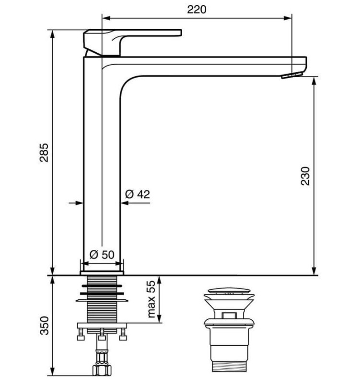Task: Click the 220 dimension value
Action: [x=197, y=10]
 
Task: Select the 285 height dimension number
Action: [x=44, y=153]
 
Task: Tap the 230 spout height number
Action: [x=305, y=176]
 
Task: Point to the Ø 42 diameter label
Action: [x=137, y=194]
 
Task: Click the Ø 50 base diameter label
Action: [x=102, y=255]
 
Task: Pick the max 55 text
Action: [x=151, y=299]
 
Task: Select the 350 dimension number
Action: [x=45, y=326]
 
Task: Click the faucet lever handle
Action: [x=132, y=43]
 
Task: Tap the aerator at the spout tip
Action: [x=292, y=75]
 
